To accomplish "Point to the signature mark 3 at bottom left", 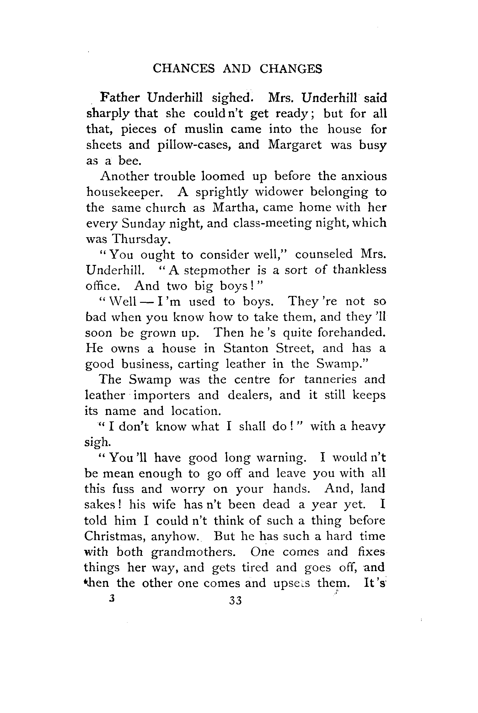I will coord(111,599).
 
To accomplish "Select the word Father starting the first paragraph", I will coord(120,98).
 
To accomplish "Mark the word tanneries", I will coord(330,380).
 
